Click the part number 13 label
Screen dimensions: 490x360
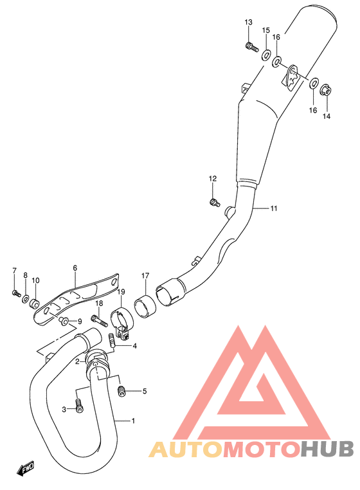249,23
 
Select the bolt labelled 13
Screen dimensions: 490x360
251,46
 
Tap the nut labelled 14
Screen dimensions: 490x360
325,90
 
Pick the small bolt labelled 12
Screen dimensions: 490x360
213,203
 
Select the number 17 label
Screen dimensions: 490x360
145,277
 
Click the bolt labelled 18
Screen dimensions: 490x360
96,318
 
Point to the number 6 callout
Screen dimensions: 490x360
75,268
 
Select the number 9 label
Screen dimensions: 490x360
79,322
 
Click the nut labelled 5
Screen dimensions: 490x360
122,390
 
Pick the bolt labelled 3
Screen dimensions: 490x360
78,406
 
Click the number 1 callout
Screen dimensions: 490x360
132,422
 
